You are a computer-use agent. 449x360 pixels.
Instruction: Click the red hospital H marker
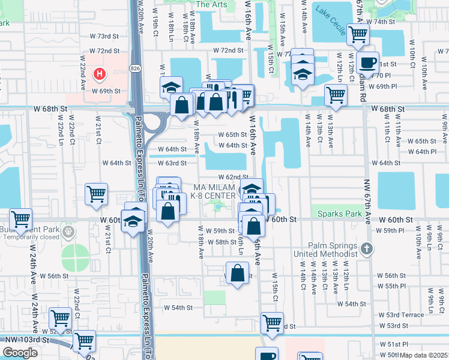click(100, 74)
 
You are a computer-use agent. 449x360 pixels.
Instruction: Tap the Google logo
click(20, 352)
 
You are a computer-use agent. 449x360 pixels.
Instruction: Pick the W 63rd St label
click(172, 163)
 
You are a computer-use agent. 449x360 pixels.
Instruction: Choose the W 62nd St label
click(234, 177)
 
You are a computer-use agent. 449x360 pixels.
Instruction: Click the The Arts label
click(211, 4)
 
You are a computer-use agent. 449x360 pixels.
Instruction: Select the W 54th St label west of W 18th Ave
click(178, 307)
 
